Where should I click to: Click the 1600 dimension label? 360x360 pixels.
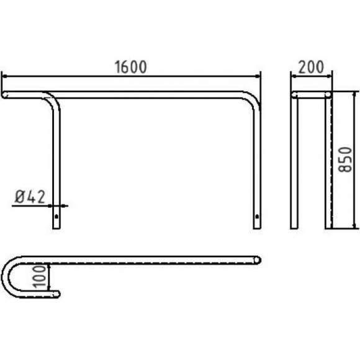click(x=130, y=67)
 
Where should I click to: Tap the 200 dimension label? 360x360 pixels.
click(x=311, y=67)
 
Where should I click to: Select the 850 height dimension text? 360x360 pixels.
click(x=345, y=160)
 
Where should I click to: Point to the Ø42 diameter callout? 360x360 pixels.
click(x=30, y=197)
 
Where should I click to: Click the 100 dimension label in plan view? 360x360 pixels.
click(x=40, y=276)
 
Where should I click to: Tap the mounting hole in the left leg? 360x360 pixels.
click(x=56, y=216)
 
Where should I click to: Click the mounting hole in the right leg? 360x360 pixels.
click(x=257, y=216)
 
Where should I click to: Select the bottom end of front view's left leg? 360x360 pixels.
click(x=56, y=228)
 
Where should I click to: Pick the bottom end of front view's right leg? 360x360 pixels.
click(x=257, y=228)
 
